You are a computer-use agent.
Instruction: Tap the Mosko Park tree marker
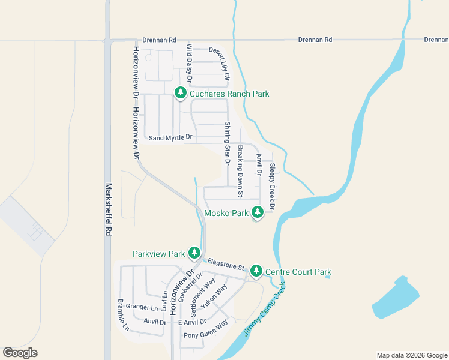[x=258, y=212]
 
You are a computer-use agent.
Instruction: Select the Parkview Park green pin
[x=194, y=253]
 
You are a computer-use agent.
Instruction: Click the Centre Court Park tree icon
[x=256, y=271]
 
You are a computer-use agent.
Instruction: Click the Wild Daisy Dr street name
[x=189, y=63]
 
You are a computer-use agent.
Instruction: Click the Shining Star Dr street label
[x=228, y=143]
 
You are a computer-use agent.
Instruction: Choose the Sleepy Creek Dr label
[x=272, y=187]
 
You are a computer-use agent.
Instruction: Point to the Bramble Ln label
[x=122, y=315]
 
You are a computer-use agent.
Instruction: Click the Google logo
[x=20, y=353]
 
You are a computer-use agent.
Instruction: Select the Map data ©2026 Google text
[x=411, y=355]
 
